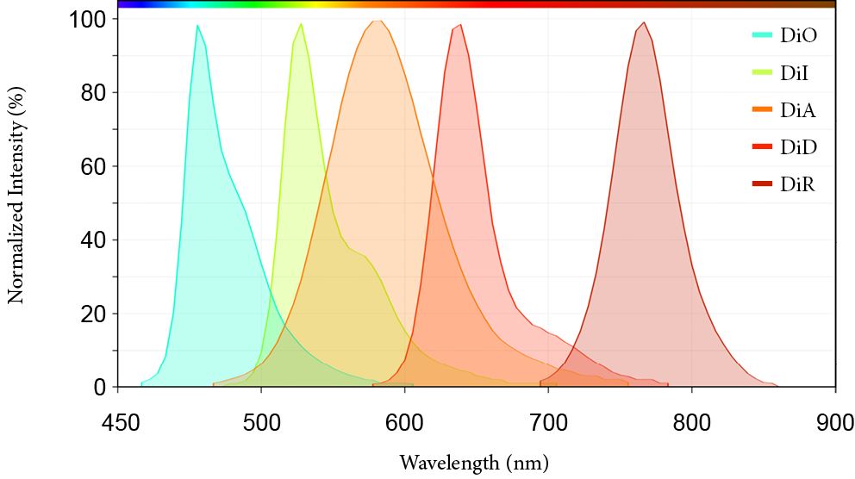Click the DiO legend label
pos(797,36)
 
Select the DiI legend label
pos(794,73)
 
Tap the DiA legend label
pos(797,110)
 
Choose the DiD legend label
pos(797,147)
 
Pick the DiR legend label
pos(797,184)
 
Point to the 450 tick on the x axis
pos(118,422)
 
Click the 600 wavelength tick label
pos(404,422)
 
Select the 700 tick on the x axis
pos(548,422)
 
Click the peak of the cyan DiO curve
pos(197,26)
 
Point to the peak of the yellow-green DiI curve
pos(301,24)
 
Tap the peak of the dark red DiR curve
pos(643,23)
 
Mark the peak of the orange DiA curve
pos(376,21)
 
